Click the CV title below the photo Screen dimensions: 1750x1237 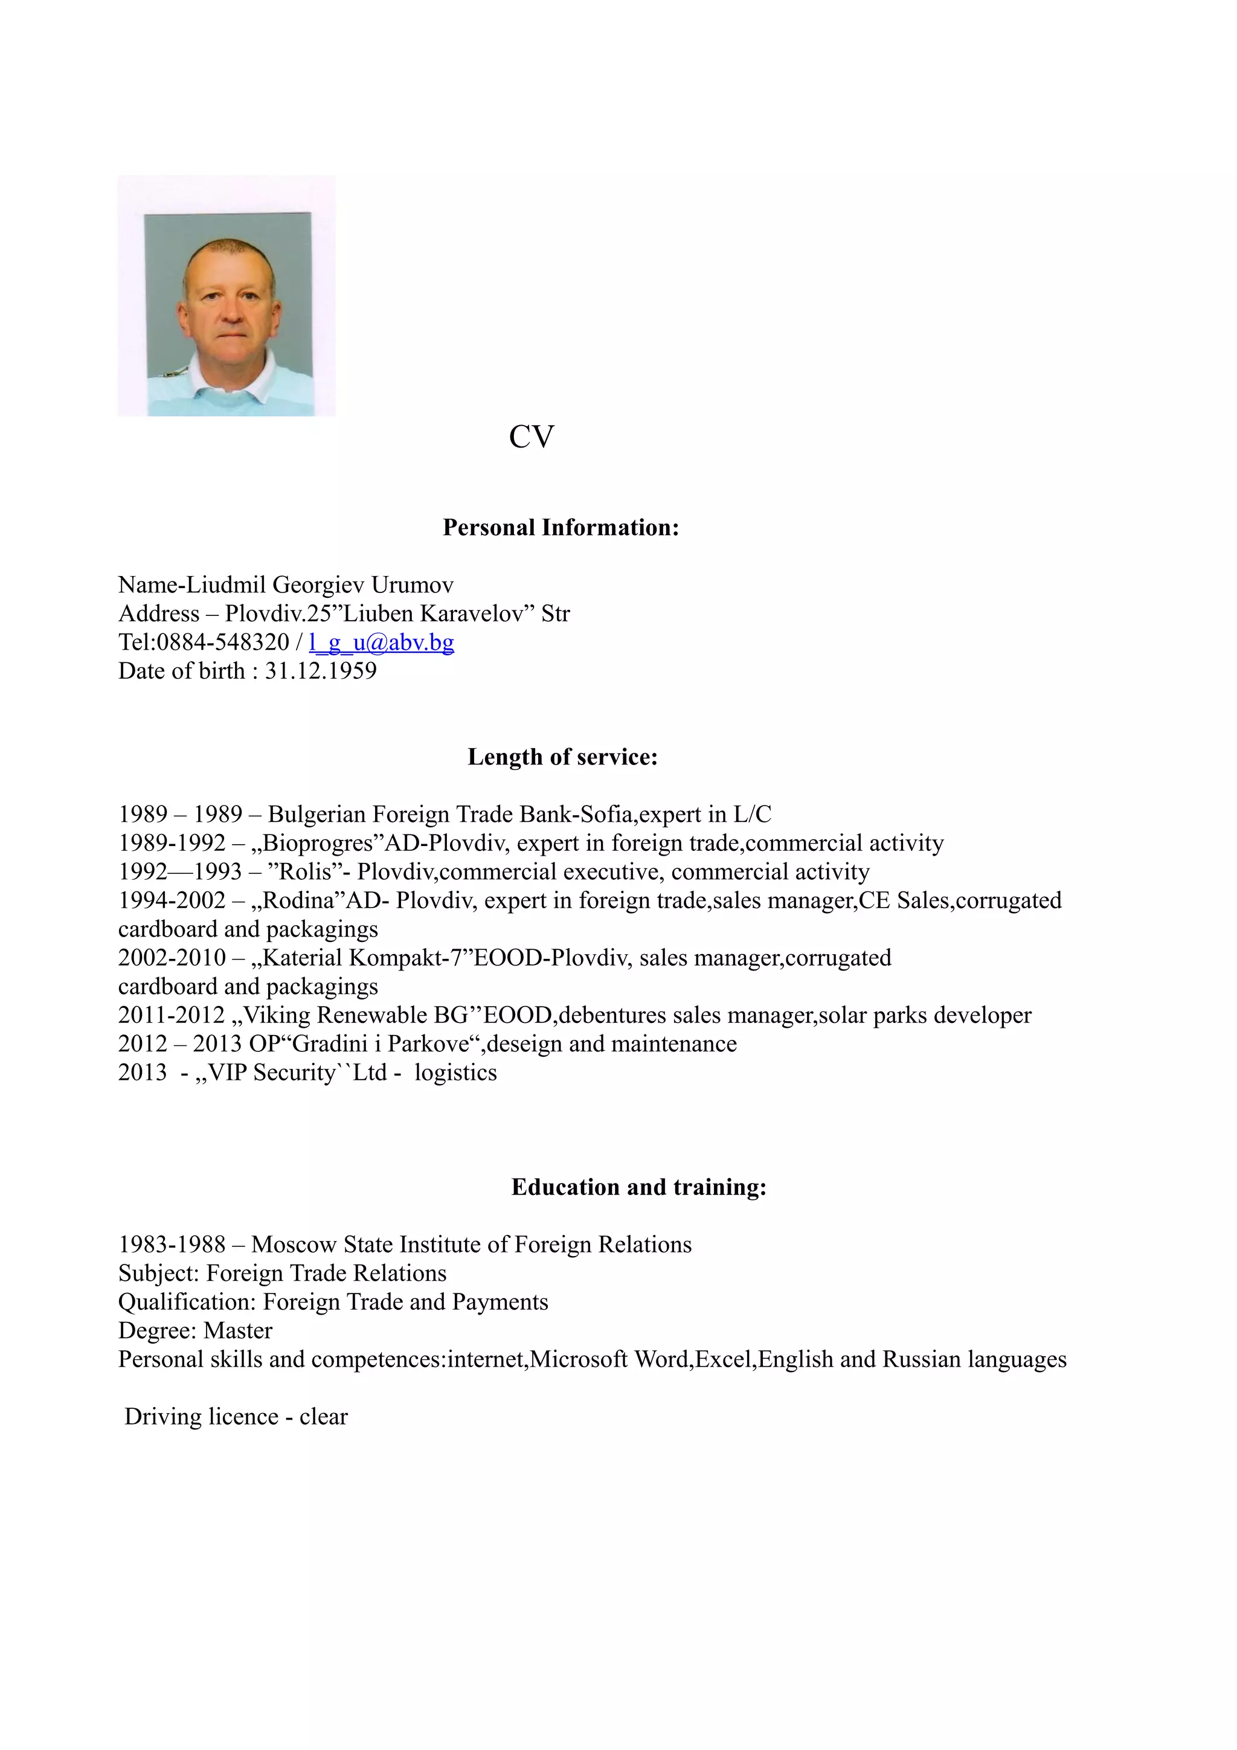(532, 437)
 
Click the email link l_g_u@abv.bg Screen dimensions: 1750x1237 (381, 643)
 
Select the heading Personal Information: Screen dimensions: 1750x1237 (560, 527)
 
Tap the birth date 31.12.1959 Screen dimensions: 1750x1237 (320, 671)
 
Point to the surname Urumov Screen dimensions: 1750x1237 (413, 585)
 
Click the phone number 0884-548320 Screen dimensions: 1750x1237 (222, 643)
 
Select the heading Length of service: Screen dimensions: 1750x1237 (562, 757)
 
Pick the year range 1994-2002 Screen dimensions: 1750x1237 (172, 901)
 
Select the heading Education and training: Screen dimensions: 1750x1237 (638, 1187)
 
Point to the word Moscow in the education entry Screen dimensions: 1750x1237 (294, 1245)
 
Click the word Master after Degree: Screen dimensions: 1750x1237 (238, 1331)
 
